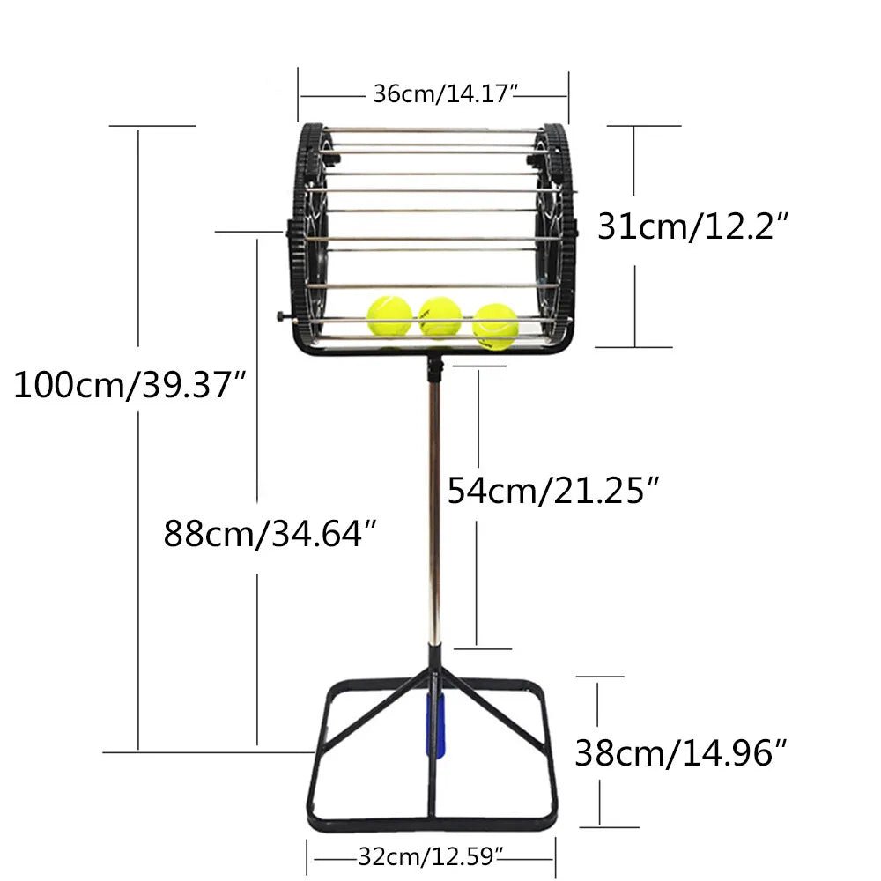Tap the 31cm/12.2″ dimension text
point(691,227)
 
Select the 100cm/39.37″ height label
point(129,385)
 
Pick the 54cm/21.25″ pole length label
point(553,489)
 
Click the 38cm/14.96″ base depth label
point(680,752)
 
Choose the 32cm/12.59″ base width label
point(431,853)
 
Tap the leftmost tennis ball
point(389,315)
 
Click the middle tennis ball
point(440,317)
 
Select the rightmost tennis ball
point(495,325)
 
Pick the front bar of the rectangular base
point(432,823)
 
